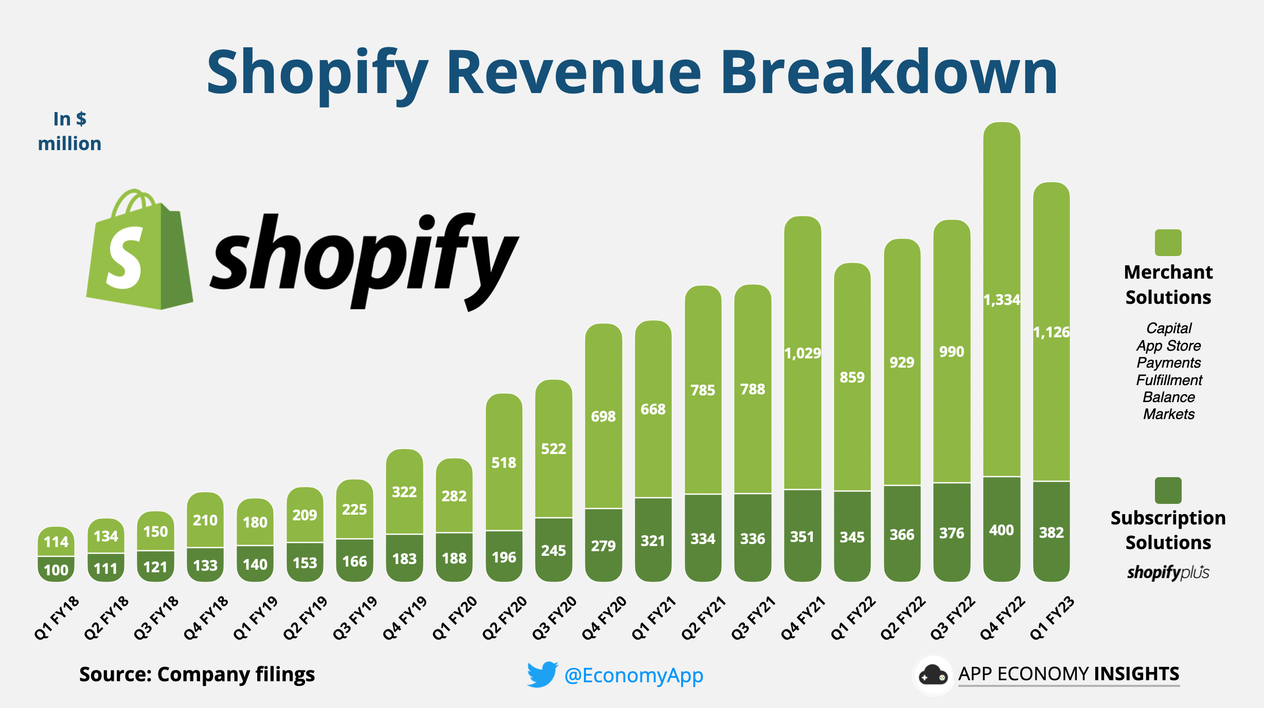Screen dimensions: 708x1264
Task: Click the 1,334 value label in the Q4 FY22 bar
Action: pyautogui.click(x=1001, y=299)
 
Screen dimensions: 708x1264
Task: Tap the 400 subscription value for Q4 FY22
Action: pyautogui.click(x=1001, y=530)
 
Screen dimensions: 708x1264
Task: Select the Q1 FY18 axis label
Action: pyautogui.click(x=57, y=618)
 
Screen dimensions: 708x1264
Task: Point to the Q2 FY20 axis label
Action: pyautogui.click(x=505, y=618)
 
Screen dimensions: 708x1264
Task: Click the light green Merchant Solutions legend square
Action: pyautogui.click(x=1168, y=243)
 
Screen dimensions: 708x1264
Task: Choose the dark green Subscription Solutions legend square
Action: pyautogui.click(x=1168, y=491)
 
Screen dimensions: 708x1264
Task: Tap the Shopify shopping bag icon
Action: pyautogui.click(x=139, y=252)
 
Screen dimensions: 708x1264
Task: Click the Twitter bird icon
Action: pyautogui.click(x=542, y=674)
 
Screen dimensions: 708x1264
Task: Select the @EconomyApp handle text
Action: pyautogui.click(x=634, y=675)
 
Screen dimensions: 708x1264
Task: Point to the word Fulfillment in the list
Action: pyautogui.click(x=1169, y=380)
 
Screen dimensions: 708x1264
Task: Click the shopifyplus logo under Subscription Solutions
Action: pyautogui.click(x=1168, y=572)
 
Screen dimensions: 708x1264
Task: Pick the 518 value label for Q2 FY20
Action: pyautogui.click(x=504, y=463)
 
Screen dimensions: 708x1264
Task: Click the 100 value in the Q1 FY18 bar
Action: pyautogui.click(x=56, y=570)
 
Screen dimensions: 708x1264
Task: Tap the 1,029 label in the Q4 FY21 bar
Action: pyautogui.click(x=803, y=353)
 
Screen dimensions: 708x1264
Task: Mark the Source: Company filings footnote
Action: pyautogui.click(x=197, y=674)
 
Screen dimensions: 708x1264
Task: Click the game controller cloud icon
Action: pyautogui.click(x=933, y=675)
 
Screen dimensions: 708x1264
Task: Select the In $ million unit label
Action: pyautogui.click(x=69, y=131)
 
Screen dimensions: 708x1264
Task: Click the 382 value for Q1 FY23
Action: pyautogui.click(x=1051, y=532)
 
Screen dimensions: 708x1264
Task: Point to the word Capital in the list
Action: pyautogui.click(x=1169, y=328)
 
